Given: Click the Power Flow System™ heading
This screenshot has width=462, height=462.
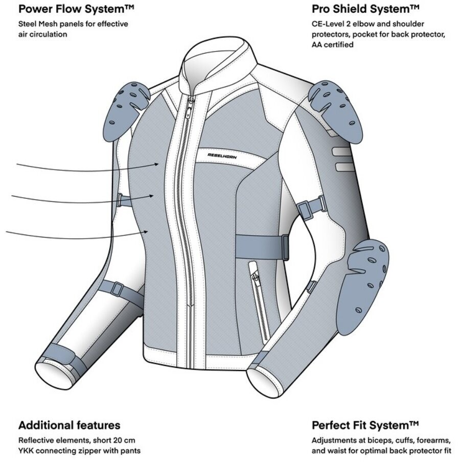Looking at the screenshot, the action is pyautogui.click(x=76, y=9).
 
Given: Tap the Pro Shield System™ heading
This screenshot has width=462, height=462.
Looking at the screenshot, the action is pyautogui.click(x=365, y=9).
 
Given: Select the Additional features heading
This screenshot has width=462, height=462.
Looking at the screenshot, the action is pyautogui.click(x=69, y=425).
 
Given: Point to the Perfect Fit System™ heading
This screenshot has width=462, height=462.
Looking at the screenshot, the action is pyautogui.click(x=365, y=426).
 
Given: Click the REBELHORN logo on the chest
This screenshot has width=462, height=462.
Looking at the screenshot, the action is pyautogui.click(x=222, y=156).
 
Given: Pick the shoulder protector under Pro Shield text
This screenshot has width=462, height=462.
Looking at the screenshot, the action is pyautogui.click(x=336, y=109).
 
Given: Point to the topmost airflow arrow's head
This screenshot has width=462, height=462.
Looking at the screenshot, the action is pyautogui.click(x=157, y=165).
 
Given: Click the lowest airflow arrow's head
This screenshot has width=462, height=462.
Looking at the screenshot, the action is pyautogui.click(x=145, y=232).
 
